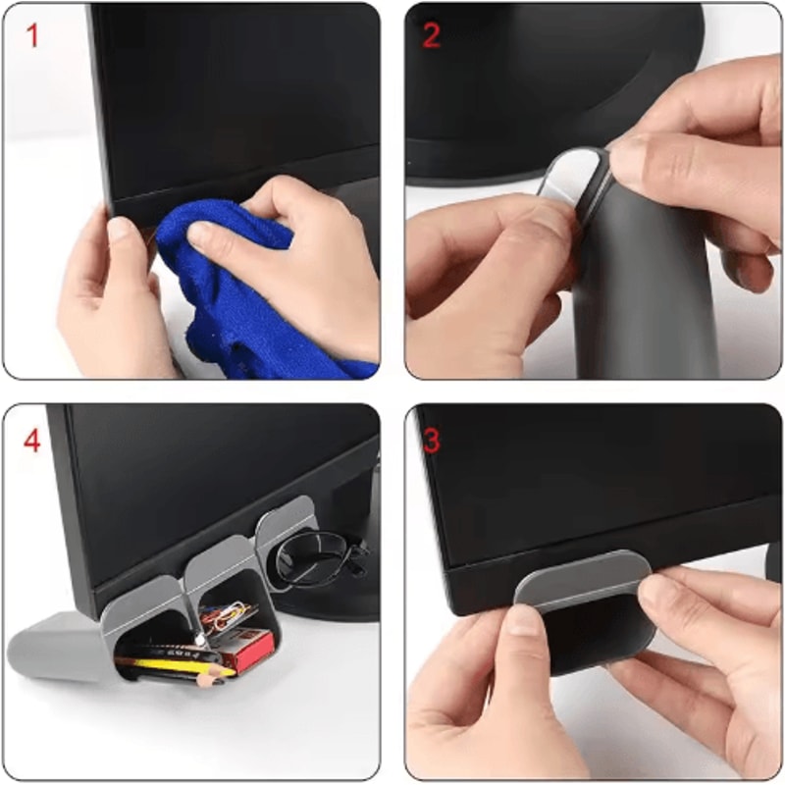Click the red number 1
[32, 36]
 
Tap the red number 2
[432, 36]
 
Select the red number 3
[432, 440]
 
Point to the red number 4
[32, 441]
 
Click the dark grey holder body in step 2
[638, 294]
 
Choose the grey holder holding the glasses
[285, 530]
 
